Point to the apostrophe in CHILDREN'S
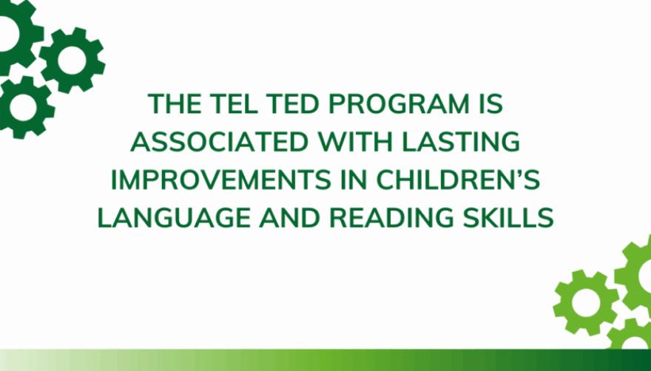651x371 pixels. pos(518,174)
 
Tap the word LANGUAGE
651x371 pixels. pos(174,218)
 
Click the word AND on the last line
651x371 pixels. pos(289,218)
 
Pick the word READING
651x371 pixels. pos(391,218)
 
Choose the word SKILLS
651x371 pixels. pos(508,218)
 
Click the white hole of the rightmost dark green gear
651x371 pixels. pos(72,61)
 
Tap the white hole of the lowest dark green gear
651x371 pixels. pos(23,107)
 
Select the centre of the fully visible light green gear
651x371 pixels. pos(585,302)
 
